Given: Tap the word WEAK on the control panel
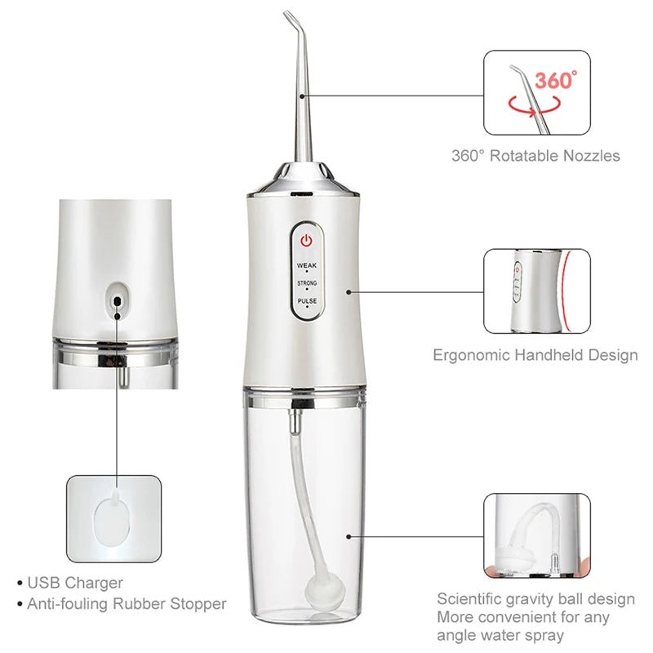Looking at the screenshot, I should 307,264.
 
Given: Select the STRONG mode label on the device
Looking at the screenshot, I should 307,283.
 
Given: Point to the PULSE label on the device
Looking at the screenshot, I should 307,301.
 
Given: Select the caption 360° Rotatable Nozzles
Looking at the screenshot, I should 535,155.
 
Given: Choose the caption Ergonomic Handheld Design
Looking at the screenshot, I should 535,355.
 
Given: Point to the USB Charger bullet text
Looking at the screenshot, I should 75,583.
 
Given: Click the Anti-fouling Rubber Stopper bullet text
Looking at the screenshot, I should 127,604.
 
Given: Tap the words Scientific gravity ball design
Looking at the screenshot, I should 535,599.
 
